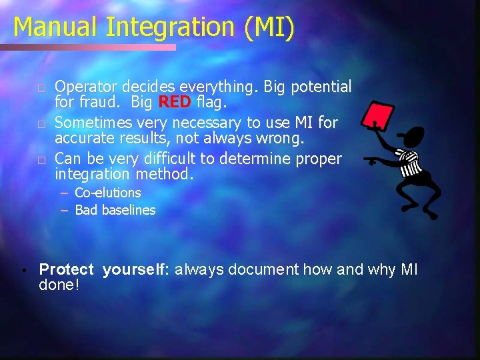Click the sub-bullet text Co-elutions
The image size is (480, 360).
[108, 193]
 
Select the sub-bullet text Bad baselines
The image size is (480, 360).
[115, 210]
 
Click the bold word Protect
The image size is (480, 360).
[67, 269]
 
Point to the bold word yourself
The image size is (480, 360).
[137, 269]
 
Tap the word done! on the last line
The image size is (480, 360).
[59, 285]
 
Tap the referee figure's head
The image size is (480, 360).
[415, 138]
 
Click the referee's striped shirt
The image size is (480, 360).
[408, 163]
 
